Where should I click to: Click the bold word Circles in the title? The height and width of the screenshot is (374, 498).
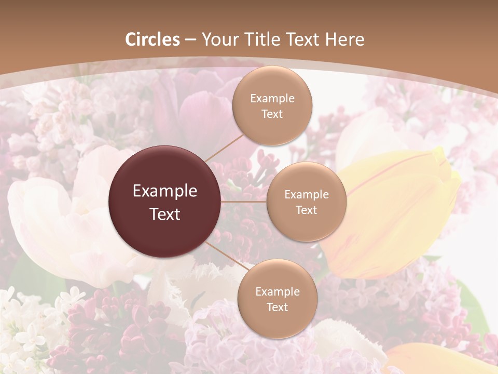pos(153,39)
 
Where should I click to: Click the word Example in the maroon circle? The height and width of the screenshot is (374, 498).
pos(165,191)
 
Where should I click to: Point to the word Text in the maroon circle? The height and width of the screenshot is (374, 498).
pos(165,214)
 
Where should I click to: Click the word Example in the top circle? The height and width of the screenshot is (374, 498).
pos(272,99)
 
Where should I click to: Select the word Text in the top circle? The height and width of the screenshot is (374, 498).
pos(272,114)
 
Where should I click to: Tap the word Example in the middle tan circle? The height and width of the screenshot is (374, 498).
pos(307,195)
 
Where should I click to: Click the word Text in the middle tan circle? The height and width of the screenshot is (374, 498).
pos(307,210)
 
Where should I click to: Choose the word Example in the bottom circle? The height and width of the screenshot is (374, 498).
pos(277,292)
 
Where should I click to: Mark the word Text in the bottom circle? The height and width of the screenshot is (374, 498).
pos(277,308)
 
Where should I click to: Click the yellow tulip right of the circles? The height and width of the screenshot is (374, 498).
pos(399,208)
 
